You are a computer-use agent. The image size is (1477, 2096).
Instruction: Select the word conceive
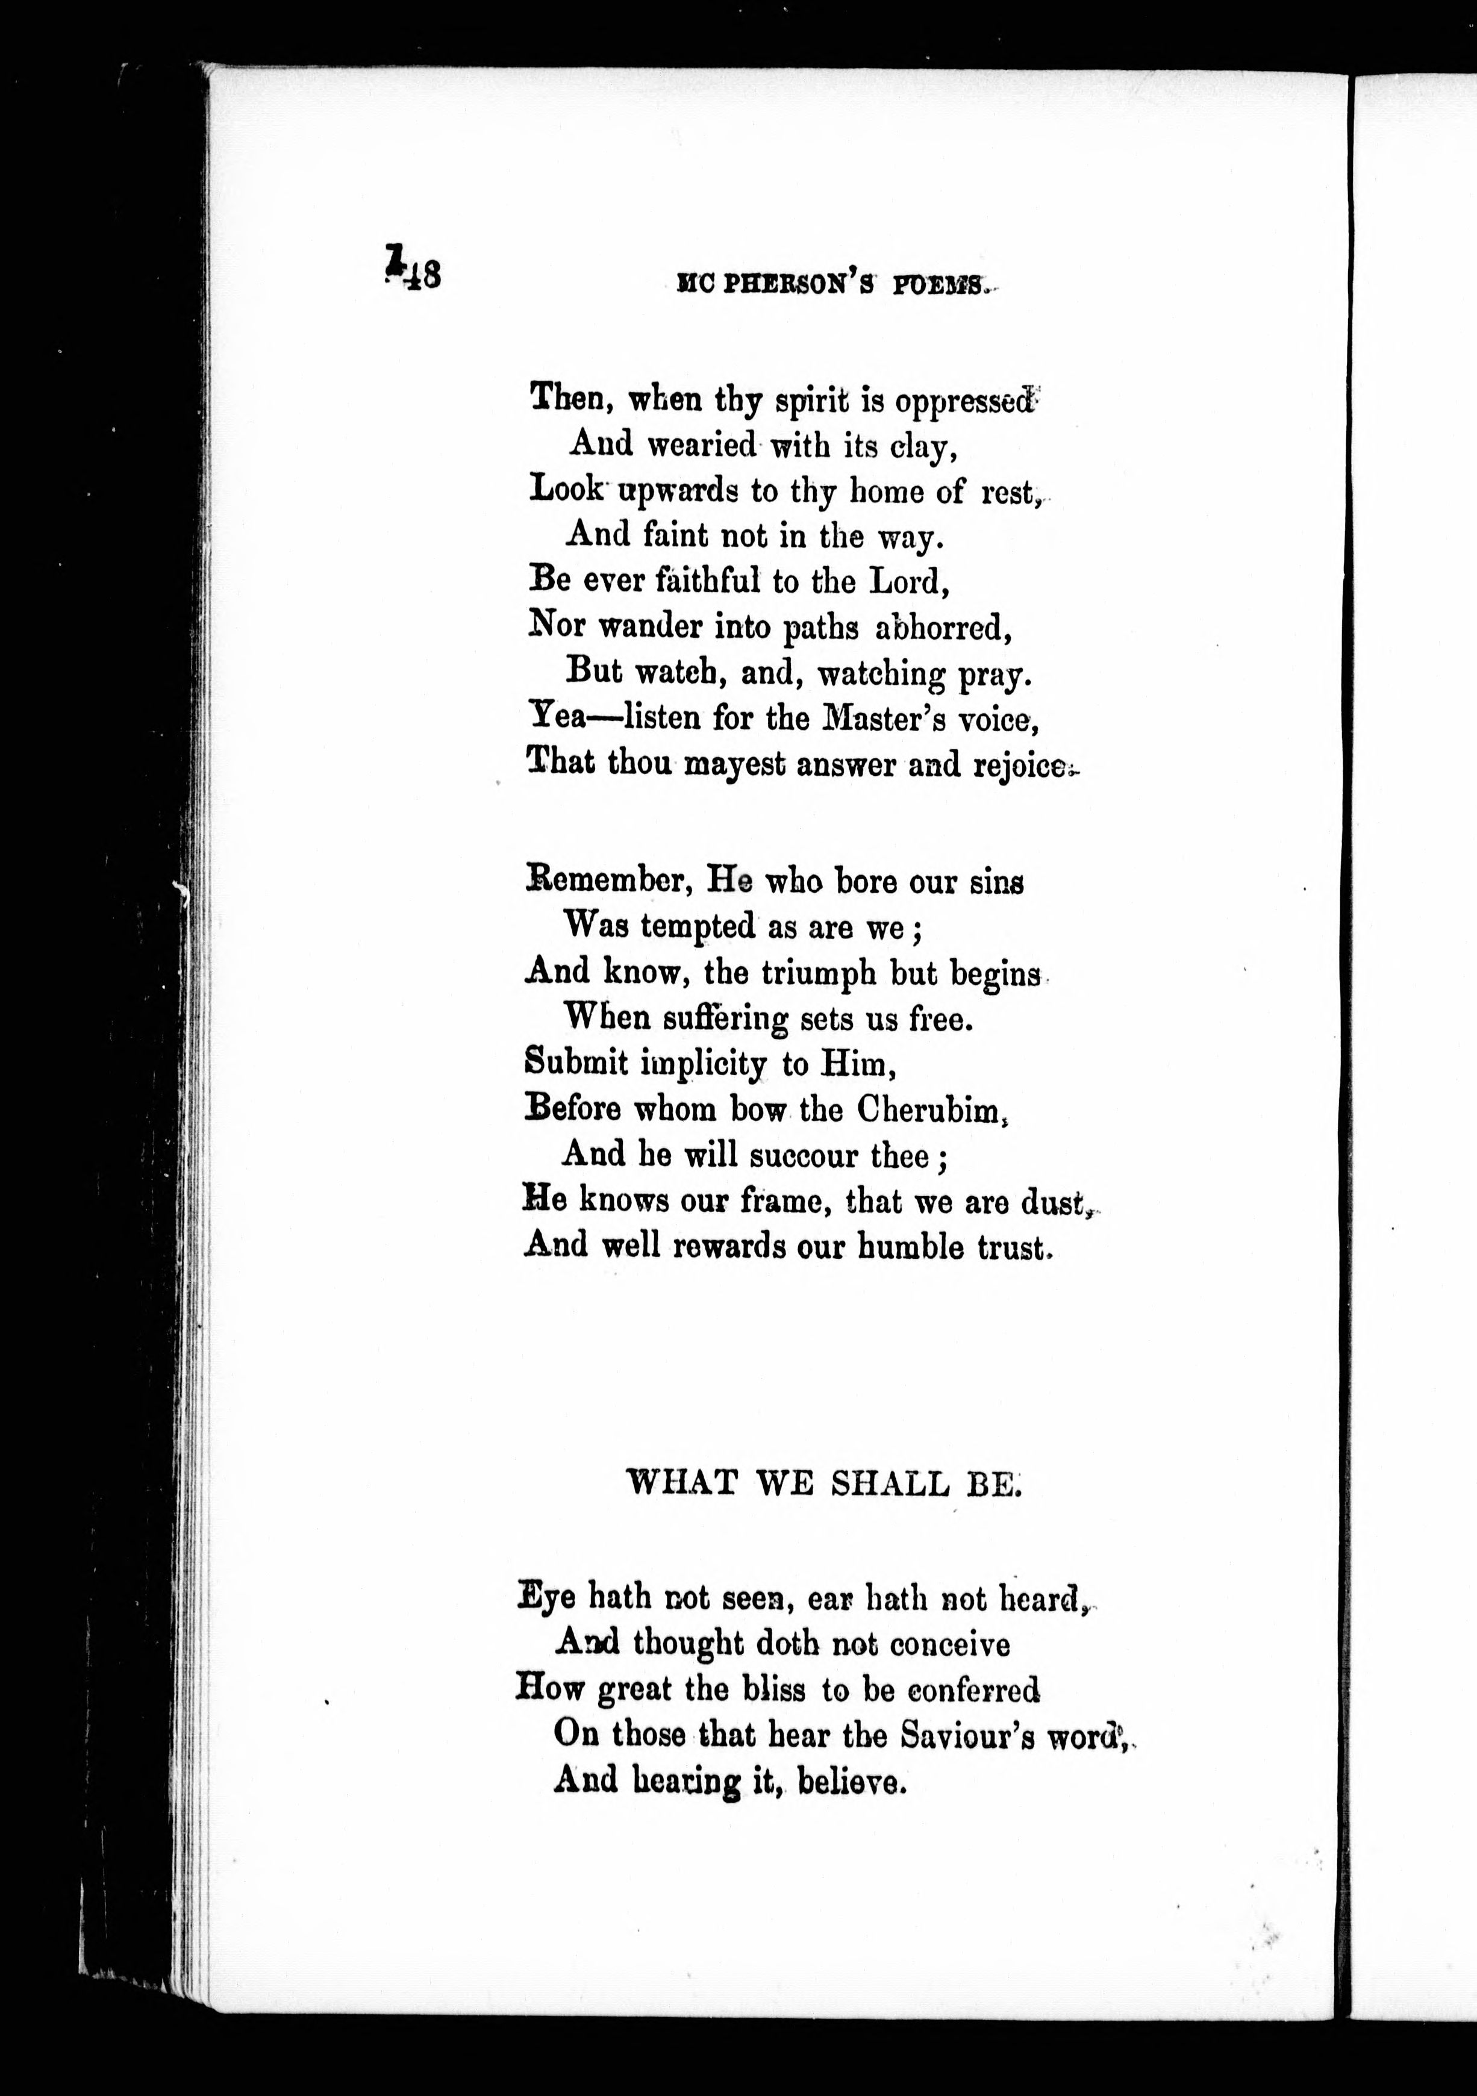click(x=949, y=1645)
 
